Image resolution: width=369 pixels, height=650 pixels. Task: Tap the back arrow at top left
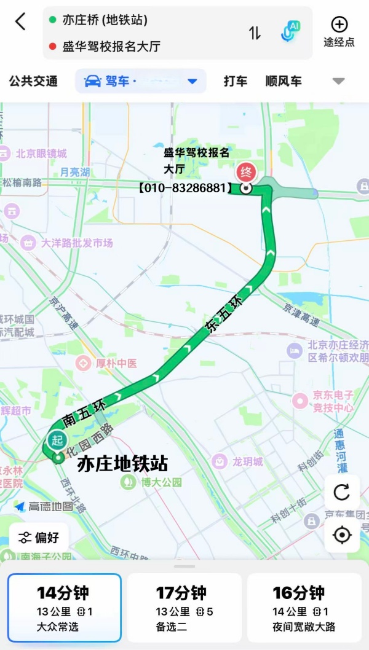[20, 22]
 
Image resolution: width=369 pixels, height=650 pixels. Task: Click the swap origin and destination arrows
[255, 33]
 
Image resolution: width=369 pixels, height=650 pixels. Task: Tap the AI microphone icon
[290, 31]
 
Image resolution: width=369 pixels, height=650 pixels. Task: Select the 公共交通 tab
[33, 81]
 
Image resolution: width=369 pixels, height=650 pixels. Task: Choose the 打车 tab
[236, 81]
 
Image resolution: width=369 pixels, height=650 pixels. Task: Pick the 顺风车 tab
[284, 81]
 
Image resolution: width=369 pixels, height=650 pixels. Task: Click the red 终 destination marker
[246, 173]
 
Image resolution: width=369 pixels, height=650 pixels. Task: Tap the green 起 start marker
[57, 440]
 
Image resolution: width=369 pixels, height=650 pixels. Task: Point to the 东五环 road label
[224, 315]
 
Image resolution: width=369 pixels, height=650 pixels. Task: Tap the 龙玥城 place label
[238, 461]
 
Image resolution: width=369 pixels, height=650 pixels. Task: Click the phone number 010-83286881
[185, 188]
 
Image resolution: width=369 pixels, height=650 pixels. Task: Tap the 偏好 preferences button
[39, 538]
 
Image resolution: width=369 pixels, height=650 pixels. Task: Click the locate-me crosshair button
[341, 535]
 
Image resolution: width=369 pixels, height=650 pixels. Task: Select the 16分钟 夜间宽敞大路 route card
[304, 608]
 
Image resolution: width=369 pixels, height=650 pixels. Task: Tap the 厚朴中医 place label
[107, 363]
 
